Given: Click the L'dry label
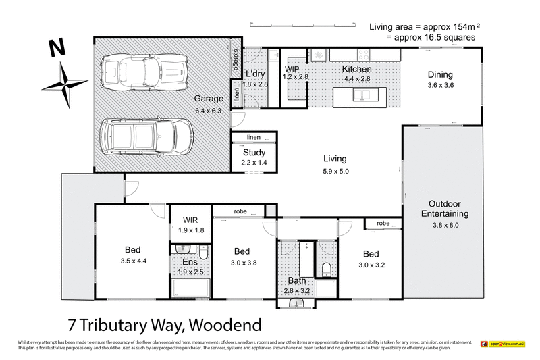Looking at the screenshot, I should point(254,74).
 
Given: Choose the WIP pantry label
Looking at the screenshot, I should point(292,69).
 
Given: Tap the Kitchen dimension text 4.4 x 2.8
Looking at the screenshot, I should point(356,78).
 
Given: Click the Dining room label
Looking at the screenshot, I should point(441,75).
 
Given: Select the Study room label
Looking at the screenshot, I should point(254,153).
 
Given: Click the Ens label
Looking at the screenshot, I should point(190,261).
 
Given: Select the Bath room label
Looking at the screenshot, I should point(298,280).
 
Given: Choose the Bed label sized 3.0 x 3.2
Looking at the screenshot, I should point(371,254).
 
